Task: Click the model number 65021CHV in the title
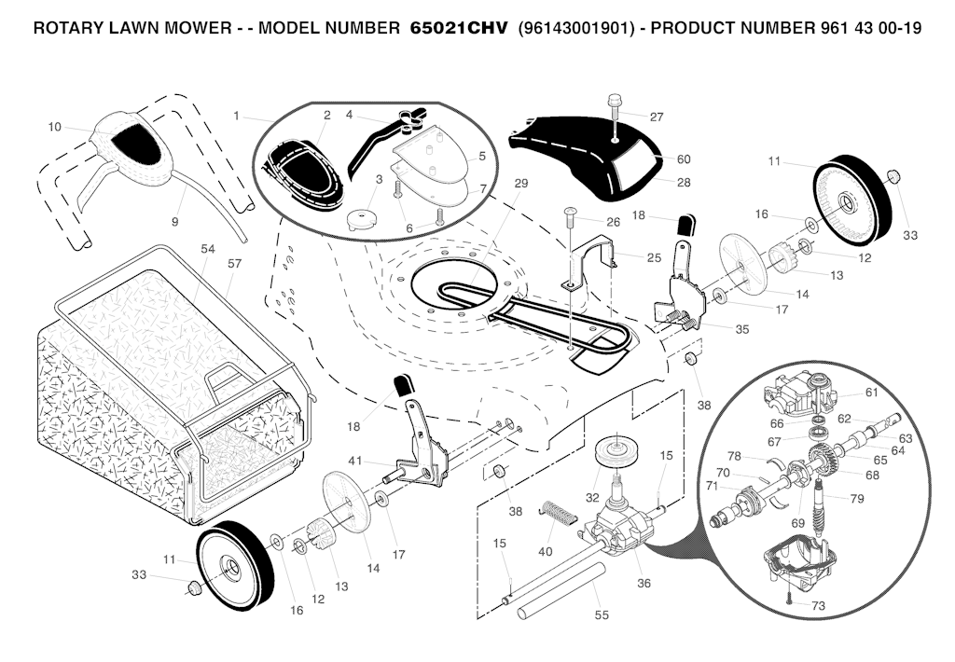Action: click(460, 28)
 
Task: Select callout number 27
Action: click(657, 117)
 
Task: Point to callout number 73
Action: click(818, 606)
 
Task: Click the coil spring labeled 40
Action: click(557, 512)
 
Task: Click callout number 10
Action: click(54, 127)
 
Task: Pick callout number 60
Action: click(684, 159)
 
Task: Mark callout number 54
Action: click(207, 249)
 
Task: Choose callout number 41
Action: click(354, 460)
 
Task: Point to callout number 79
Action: click(856, 499)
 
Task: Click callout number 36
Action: click(644, 584)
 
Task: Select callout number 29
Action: click(520, 183)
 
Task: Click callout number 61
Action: click(871, 392)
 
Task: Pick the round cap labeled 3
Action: click(360, 221)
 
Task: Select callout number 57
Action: click(234, 264)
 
